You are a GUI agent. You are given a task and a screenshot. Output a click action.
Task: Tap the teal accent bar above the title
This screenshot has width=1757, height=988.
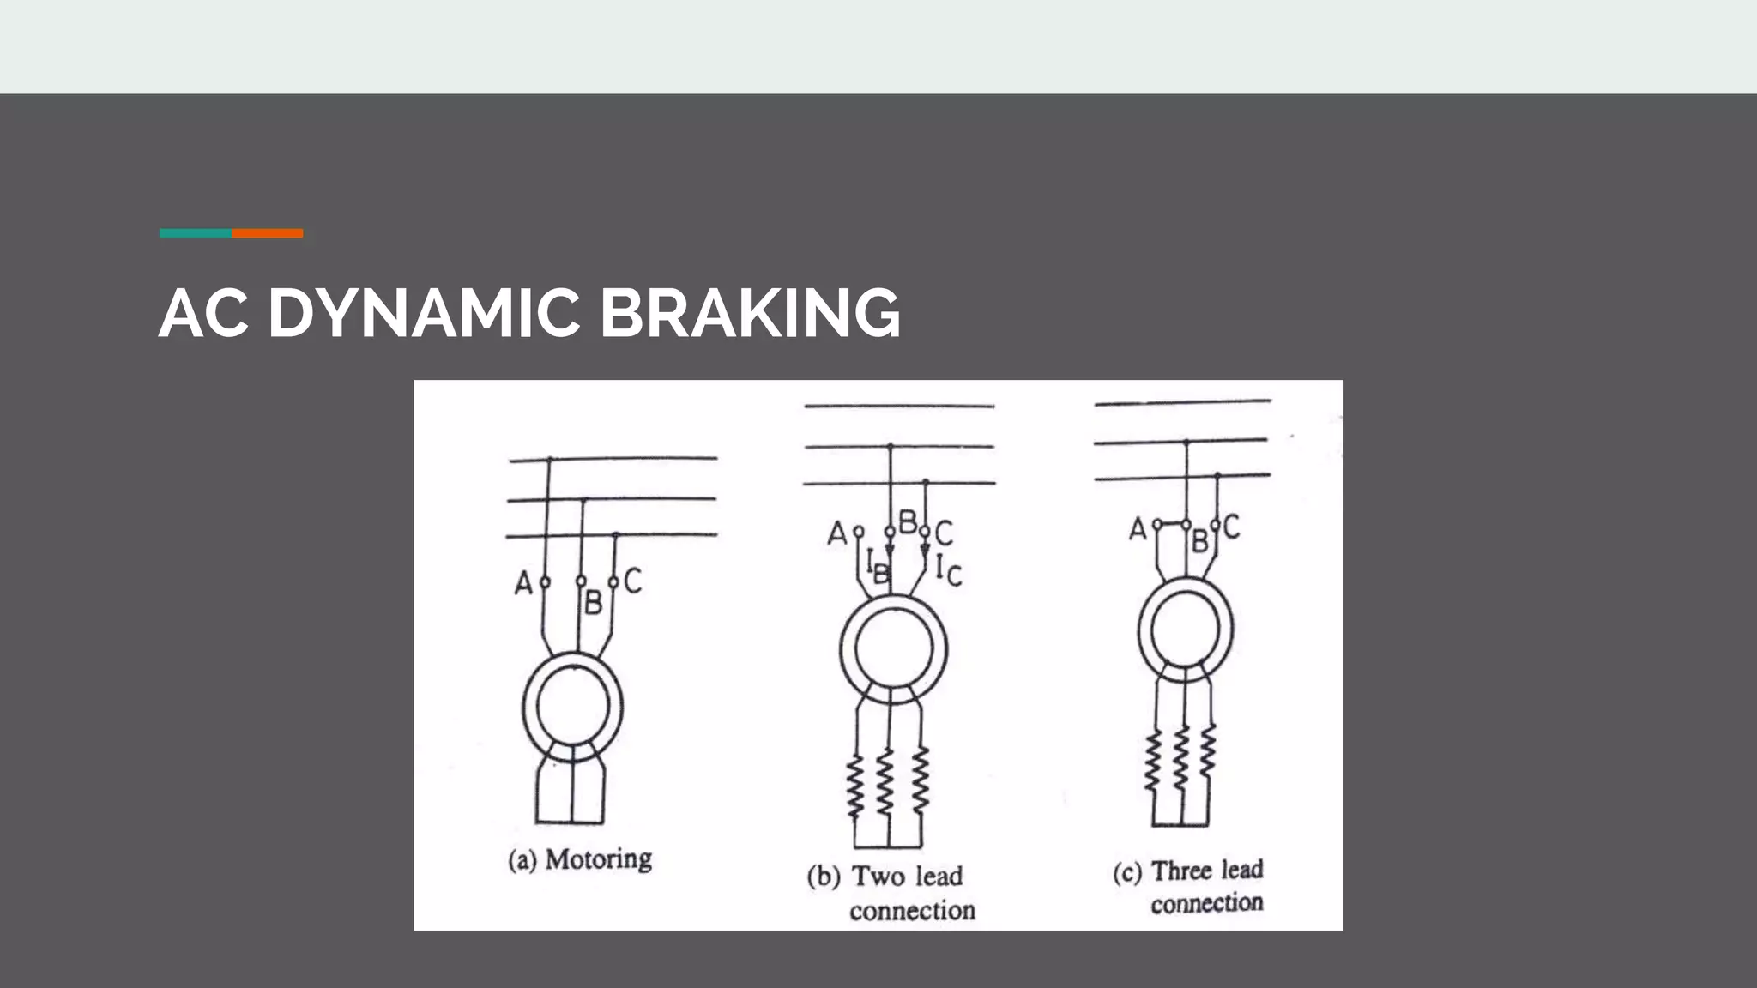(x=195, y=233)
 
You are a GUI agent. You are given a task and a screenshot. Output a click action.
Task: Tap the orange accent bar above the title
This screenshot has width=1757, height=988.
(x=267, y=233)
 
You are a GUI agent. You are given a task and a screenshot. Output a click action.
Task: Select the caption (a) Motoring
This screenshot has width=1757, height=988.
(x=580, y=859)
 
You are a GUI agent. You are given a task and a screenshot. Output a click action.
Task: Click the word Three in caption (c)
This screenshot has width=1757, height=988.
(x=1180, y=871)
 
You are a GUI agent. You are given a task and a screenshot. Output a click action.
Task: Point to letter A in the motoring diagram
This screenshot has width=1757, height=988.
(x=522, y=584)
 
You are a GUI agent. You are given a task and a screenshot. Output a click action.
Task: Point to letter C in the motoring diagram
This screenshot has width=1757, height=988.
(x=632, y=581)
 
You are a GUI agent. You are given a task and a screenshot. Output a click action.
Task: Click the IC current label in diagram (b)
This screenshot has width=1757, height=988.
(x=948, y=569)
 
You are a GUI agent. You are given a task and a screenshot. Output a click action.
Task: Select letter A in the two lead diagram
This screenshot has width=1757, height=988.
(x=836, y=534)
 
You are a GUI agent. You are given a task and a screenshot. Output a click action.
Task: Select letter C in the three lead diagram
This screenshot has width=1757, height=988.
(x=1231, y=527)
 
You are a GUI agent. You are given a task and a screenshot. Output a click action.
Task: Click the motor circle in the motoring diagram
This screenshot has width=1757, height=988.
(x=573, y=707)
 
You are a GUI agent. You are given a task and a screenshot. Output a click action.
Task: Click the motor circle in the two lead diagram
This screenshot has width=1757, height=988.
(x=893, y=648)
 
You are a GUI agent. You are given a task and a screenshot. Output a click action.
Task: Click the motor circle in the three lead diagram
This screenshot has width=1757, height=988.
(x=1186, y=630)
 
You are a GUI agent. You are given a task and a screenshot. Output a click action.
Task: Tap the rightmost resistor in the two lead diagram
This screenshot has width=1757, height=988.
(x=920, y=781)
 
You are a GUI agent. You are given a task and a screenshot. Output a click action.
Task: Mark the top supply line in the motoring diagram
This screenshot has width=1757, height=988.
(x=613, y=459)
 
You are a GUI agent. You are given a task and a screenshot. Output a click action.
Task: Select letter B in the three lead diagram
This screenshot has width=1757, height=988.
(x=1199, y=541)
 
